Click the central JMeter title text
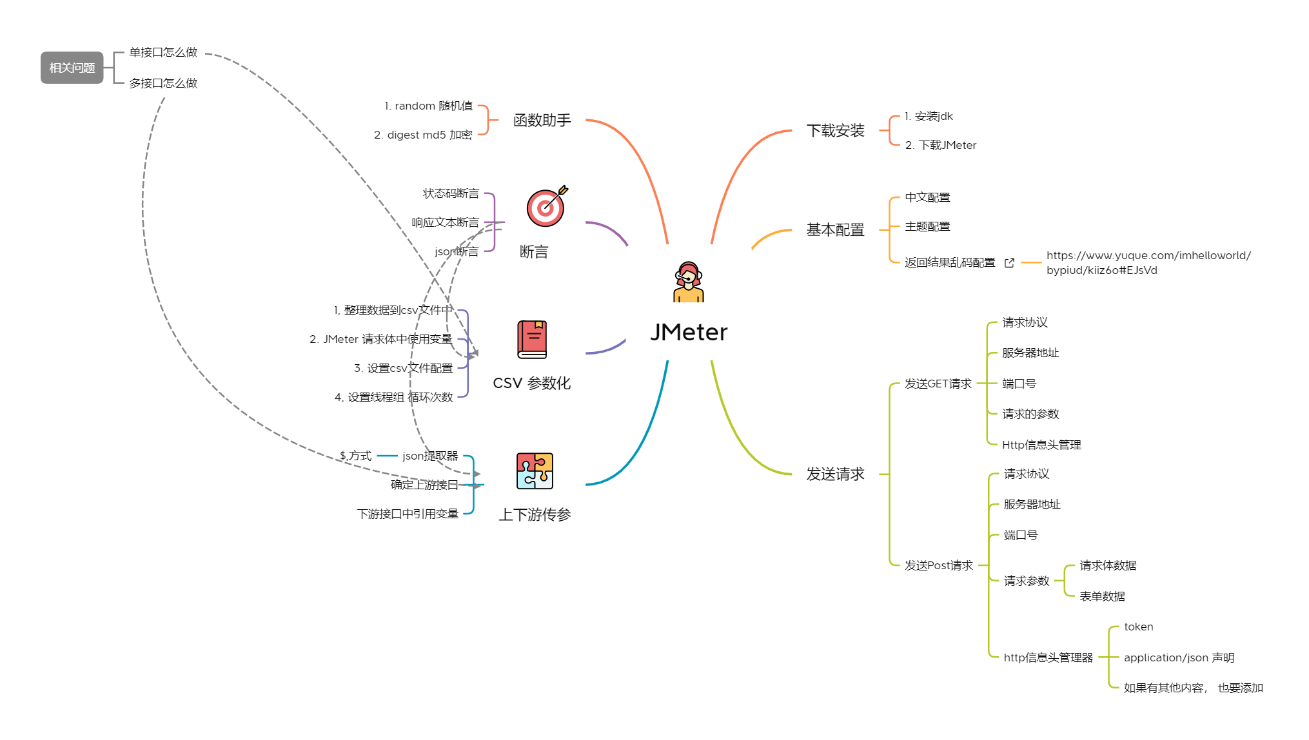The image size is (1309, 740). [689, 332]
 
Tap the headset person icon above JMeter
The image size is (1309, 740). [688, 282]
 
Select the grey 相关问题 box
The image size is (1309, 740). [72, 68]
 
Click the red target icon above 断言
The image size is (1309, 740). [546, 207]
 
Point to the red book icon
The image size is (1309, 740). [532, 339]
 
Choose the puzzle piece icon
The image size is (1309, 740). [535, 471]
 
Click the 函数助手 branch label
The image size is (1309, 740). [542, 121]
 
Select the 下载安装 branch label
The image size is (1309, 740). [835, 131]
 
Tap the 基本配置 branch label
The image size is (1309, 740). [835, 230]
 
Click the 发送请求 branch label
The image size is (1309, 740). [835, 474]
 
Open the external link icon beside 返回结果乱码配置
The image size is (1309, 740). [1009, 263]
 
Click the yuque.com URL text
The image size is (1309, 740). [1148, 262]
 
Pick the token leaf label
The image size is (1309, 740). [1138, 627]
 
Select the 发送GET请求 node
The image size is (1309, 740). [938, 384]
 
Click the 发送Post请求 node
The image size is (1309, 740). [938, 565]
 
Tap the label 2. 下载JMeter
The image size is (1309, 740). [940, 145]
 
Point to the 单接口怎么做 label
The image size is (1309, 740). [163, 52]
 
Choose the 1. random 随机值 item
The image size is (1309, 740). [428, 106]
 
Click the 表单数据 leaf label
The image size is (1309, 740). [1102, 596]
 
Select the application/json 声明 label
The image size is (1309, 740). [1179, 657]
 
